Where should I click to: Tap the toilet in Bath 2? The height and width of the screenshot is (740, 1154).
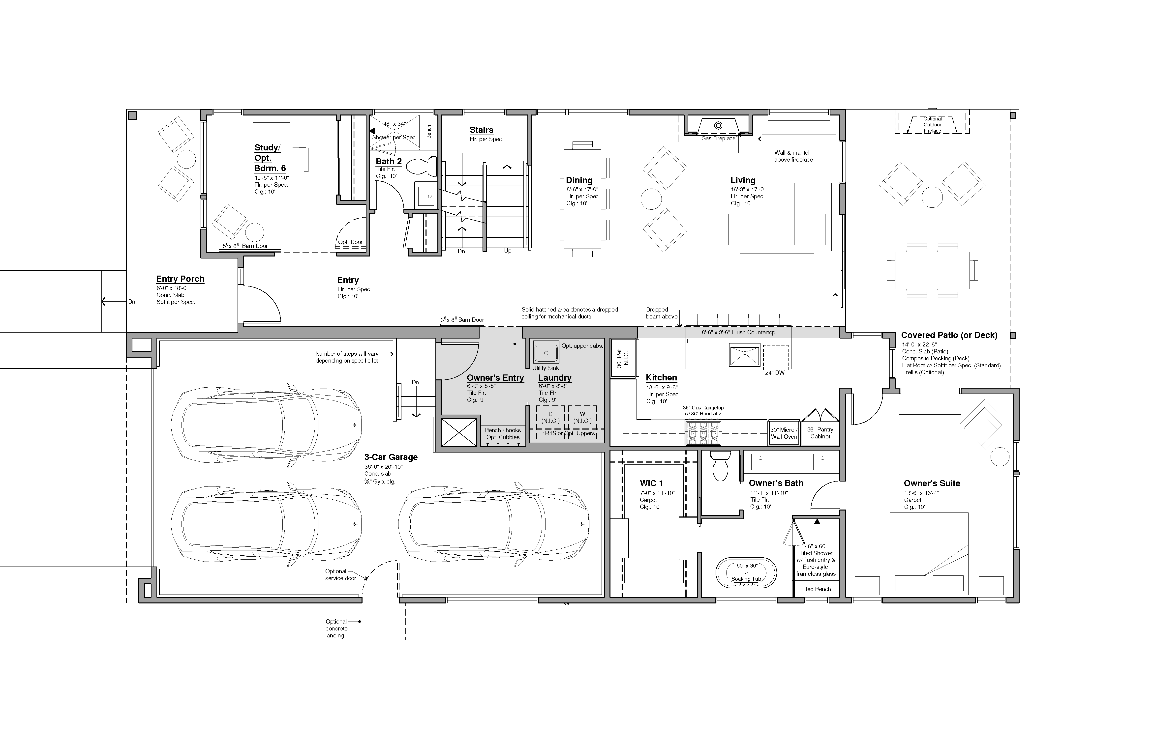(422, 167)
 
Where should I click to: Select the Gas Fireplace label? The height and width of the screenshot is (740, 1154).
(718, 138)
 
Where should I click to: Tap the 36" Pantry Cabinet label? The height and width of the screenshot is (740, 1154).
(820, 433)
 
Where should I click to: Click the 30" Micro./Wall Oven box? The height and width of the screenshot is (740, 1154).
(784, 433)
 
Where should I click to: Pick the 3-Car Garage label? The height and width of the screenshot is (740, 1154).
(391, 457)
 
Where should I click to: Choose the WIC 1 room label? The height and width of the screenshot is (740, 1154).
(651, 484)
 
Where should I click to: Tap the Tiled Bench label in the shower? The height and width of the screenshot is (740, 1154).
(816, 589)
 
